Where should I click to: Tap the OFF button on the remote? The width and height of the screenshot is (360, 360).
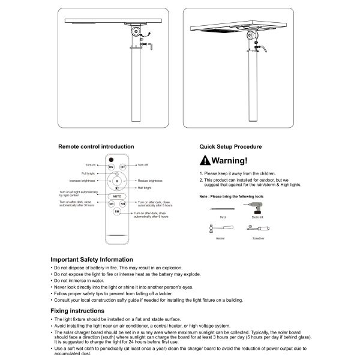[x=122, y=166]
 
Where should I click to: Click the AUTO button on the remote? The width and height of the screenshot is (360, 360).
[x=117, y=196]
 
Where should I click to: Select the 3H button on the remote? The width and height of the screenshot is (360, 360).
[x=111, y=204]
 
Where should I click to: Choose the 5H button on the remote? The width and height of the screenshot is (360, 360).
[x=122, y=204]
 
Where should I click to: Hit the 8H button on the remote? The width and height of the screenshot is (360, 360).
[x=117, y=212]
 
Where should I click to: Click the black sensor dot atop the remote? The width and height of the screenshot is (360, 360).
[x=110, y=159]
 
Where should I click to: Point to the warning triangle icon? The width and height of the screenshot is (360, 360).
[x=205, y=161]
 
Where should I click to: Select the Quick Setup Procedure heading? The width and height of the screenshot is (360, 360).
[x=230, y=146]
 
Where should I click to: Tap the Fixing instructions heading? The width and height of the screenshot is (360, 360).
[x=77, y=311]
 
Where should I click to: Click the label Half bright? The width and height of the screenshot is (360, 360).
[x=144, y=188]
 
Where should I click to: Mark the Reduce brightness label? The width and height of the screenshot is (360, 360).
[x=150, y=181]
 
